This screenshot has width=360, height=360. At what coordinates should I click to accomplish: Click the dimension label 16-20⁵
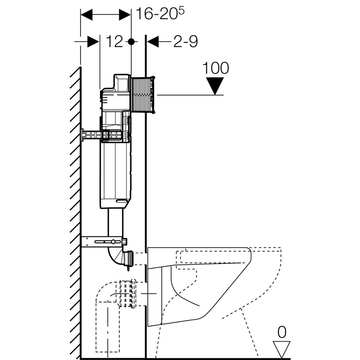click(160, 14)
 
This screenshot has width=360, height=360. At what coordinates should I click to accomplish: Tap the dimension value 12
click(114, 42)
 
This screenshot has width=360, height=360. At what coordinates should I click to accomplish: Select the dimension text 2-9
click(185, 42)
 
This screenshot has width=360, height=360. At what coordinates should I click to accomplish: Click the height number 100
click(215, 68)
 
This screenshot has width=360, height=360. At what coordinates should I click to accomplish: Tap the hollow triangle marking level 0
click(282, 348)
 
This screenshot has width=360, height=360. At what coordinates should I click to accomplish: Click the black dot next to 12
click(131, 42)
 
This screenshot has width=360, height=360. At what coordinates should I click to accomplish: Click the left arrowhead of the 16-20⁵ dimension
click(86, 15)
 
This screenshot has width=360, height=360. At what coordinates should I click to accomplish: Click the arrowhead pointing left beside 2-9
click(153, 42)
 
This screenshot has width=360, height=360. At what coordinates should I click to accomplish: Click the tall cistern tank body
click(114, 173)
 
